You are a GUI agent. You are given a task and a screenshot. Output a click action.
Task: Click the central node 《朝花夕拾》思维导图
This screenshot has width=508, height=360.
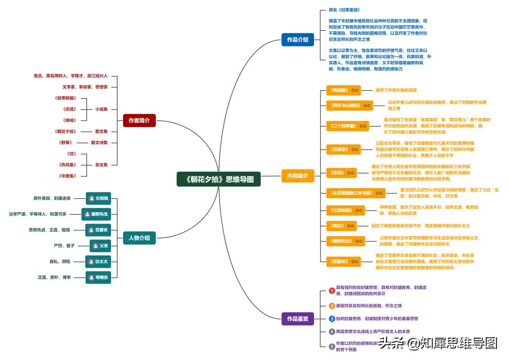[x=219, y=179]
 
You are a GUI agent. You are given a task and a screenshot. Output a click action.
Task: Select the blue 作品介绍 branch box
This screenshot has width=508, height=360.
[x=297, y=39]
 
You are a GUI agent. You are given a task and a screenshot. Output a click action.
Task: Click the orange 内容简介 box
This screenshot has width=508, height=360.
[x=297, y=176]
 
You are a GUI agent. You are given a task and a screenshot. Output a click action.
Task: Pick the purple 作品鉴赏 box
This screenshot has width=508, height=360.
[x=297, y=318]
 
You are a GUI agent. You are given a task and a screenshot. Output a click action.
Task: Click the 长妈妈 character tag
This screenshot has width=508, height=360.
[x=98, y=198]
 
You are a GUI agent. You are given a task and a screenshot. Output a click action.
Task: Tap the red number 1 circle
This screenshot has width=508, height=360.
[x=332, y=291]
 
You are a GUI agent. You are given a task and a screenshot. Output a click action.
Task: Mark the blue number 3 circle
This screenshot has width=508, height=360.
[x=332, y=318]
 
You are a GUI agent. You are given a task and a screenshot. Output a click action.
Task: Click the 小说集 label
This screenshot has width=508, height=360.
[x=102, y=109]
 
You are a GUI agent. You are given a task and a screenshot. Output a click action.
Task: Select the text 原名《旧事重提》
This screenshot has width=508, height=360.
[x=344, y=9]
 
